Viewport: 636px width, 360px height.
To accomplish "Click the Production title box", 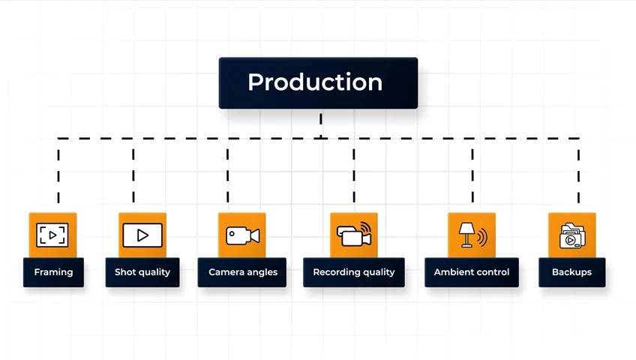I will [x=318, y=82].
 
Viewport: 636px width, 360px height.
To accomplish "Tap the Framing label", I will [x=53, y=272].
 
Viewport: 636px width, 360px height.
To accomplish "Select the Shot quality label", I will [x=142, y=272].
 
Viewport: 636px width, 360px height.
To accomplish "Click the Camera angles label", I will [x=242, y=272].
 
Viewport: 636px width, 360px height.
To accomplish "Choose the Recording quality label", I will [x=353, y=272].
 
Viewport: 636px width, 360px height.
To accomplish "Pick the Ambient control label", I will [x=471, y=272].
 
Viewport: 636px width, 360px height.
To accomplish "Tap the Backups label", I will [x=571, y=272].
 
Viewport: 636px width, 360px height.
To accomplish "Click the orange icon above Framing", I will [x=52, y=235].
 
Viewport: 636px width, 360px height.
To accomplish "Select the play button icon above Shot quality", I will [x=142, y=235].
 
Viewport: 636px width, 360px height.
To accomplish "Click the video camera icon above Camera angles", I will [x=242, y=235].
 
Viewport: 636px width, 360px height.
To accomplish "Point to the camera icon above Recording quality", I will [x=354, y=235].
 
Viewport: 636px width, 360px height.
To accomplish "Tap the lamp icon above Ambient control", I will [x=472, y=235].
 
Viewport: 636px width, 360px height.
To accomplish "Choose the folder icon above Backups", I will [x=571, y=235].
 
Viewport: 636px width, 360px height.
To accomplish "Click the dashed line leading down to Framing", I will [x=58, y=172].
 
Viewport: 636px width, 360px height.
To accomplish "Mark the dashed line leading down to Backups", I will [x=578, y=172].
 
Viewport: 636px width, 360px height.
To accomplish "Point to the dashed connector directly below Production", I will [x=321, y=124].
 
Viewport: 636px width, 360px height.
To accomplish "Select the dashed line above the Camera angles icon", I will [x=228, y=172].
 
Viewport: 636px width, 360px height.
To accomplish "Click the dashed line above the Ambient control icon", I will [x=472, y=172].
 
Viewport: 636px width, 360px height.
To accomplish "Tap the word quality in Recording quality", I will [x=377, y=272].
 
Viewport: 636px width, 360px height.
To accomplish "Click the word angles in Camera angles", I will [x=262, y=272].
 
